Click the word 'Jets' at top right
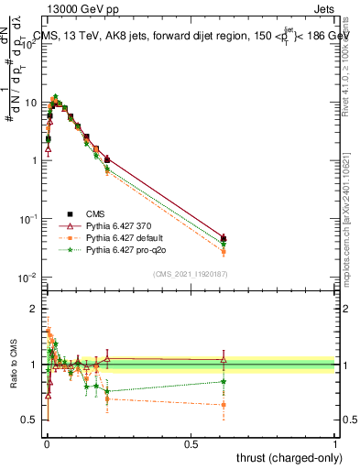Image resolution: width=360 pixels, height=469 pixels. [x=323, y=8]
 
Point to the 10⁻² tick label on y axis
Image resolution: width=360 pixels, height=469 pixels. [x=29, y=278]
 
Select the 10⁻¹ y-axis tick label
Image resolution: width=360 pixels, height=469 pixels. [x=29, y=219]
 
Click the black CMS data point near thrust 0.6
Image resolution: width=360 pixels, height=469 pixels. [x=224, y=238]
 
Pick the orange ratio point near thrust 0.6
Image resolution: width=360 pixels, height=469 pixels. [x=224, y=404]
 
